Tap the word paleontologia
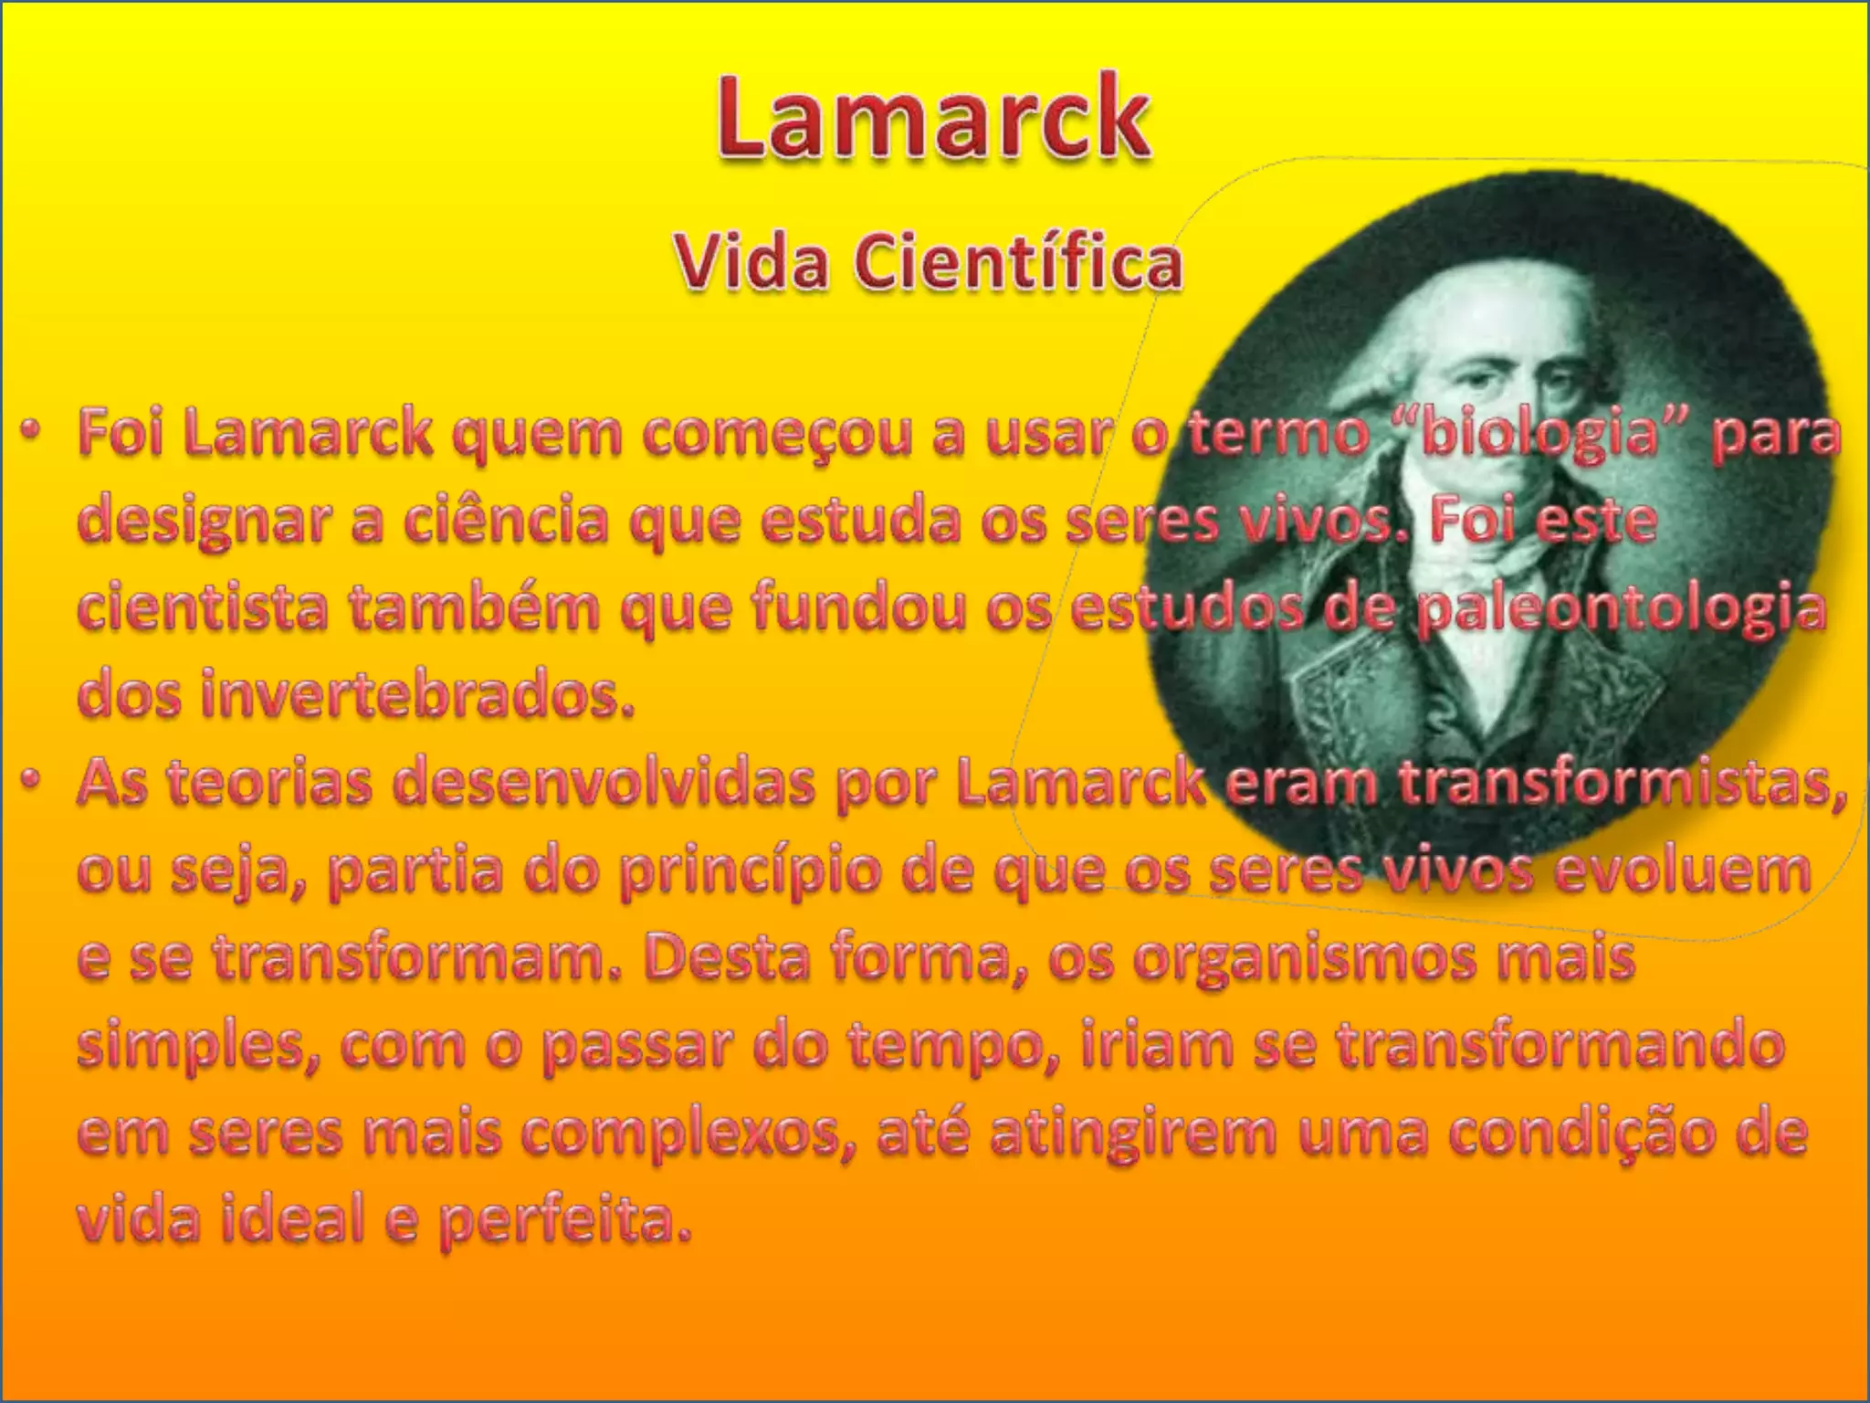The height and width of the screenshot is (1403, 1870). [x=1621, y=609]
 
